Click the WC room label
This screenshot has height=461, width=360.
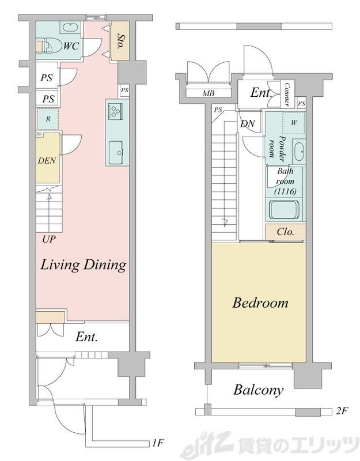click(71, 46)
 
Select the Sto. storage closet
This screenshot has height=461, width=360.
click(119, 41)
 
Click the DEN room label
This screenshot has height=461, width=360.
click(47, 161)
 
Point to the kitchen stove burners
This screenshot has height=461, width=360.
click(115, 111)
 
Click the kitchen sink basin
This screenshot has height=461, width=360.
click(116, 153)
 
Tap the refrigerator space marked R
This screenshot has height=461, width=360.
click(48, 119)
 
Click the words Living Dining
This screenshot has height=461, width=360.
click(84, 264)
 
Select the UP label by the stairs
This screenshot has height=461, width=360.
click(49, 239)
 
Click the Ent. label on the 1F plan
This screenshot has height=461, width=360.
click(86, 337)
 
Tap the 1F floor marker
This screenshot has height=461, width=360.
click(158, 443)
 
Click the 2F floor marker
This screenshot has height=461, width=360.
click(342, 411)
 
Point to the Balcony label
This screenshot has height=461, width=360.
click(259, 390)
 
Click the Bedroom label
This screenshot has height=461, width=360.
click(260, 303)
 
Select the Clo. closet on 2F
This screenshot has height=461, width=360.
click(286, 232)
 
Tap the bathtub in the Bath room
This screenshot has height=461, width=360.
click(285, 210)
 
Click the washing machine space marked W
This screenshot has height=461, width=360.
click(294, 123)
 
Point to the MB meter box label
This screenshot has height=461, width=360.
click(209, 93)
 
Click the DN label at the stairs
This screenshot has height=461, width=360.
click(248, 124)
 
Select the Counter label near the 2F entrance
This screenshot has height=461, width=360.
click(287, 95)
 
